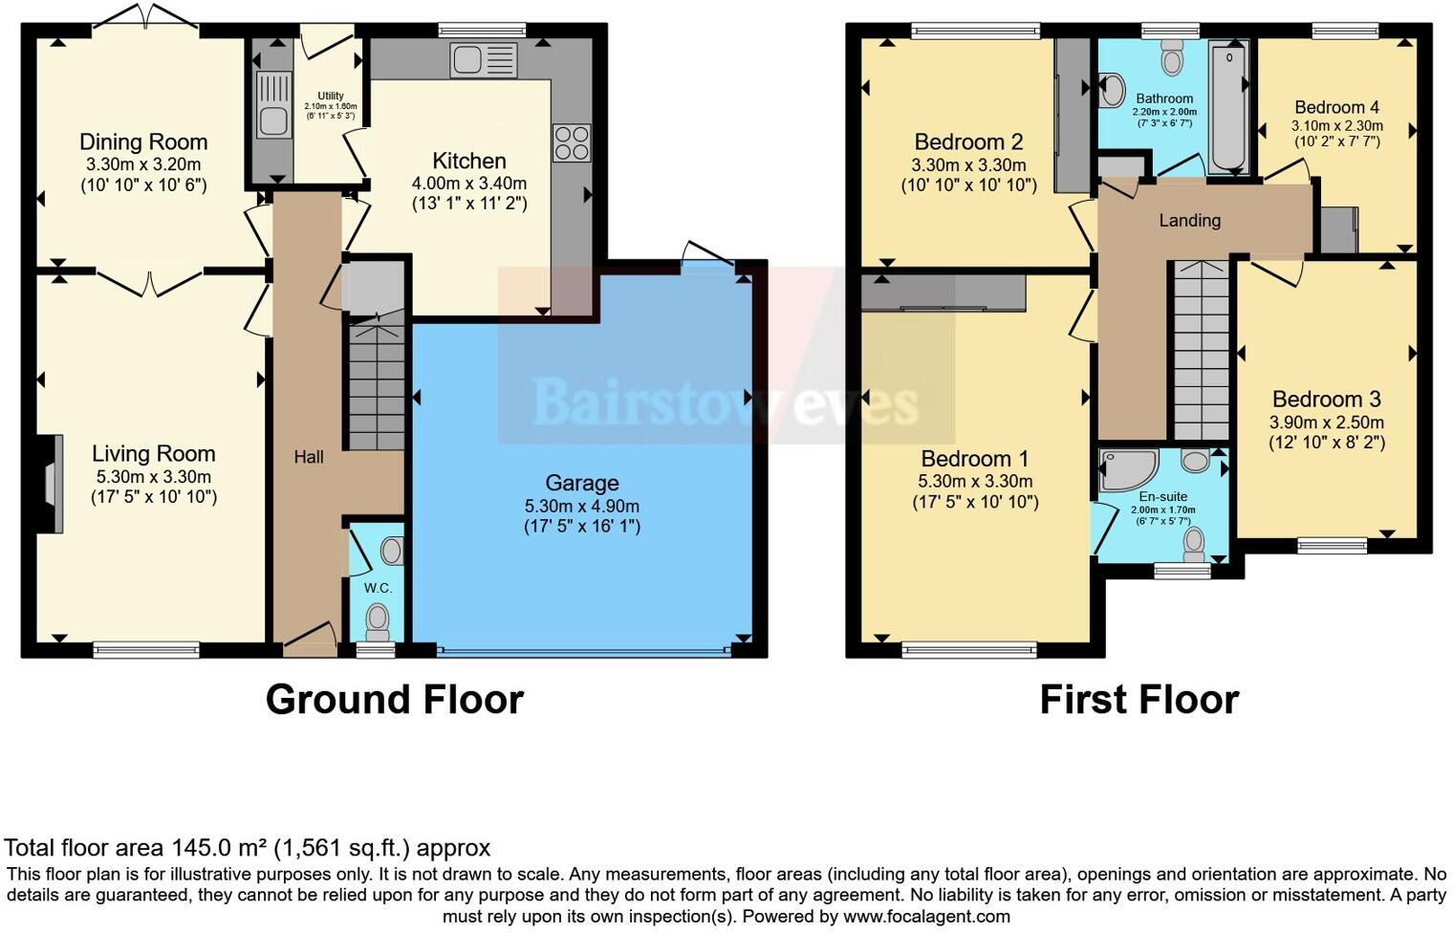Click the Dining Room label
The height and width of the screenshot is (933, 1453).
click(143, 142)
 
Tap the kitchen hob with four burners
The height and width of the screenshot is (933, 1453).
click(572, 143)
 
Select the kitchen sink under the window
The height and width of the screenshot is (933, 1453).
click(484, 61)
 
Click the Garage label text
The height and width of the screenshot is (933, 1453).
click(582, 483)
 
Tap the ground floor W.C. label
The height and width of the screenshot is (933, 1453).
click(378, 588)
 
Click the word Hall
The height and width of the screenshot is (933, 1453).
click(308, 457)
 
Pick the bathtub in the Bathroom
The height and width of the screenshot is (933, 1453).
click(1227, 107)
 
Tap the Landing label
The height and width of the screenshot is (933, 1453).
click(1189, 221)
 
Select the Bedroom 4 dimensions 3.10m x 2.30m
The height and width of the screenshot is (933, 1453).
click(1336, 125)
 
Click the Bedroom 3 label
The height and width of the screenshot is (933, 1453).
click(1326, 400)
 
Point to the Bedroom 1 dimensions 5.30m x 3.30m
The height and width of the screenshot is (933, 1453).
click(975, 482)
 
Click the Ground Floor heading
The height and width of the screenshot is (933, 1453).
click(394, 700)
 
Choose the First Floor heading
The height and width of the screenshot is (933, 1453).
click(1139, 700)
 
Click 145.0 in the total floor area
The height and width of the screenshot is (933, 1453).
click(197, 848)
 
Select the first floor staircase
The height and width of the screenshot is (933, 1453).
click(1201, 349)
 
